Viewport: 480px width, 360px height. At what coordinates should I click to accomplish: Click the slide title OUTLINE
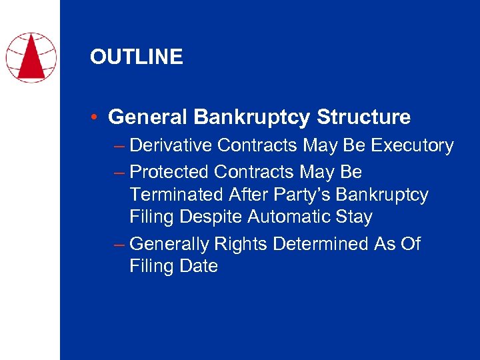136,57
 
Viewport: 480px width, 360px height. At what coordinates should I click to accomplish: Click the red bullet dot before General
96,118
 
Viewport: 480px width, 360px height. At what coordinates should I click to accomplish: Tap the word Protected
169,172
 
